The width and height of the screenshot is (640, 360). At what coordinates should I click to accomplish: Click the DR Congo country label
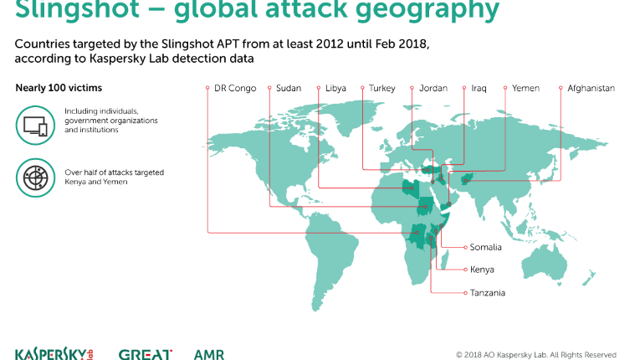click(235, 88)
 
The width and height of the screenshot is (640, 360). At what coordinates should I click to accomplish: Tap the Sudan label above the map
click(289, 88)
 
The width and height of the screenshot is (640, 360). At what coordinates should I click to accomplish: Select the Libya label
click(335, 88)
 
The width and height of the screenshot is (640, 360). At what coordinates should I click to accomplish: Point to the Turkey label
click(382, 88)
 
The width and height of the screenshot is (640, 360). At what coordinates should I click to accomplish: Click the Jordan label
click(433, 88)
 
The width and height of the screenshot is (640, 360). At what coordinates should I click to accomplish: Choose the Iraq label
click(479, 88)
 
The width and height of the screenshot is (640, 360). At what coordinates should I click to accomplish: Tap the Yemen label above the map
click(525, 88)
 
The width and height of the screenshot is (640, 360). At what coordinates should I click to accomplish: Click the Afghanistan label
click(591, 88)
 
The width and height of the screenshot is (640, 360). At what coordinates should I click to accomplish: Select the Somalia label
click(486, 247)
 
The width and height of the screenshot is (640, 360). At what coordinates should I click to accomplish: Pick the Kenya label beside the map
click(482, 270)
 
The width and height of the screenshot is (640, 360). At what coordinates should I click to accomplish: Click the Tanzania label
click(488, 293)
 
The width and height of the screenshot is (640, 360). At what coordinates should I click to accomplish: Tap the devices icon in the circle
click(35, 126)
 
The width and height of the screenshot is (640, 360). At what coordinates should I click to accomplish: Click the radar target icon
click(35, 178)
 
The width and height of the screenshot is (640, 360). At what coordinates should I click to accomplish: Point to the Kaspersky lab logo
click(54, 354)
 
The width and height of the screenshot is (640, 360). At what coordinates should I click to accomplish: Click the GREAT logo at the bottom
click(146, 354)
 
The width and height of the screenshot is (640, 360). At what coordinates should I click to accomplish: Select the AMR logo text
click(209, 354)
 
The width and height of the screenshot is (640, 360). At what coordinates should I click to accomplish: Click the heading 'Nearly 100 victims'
click(59, 88)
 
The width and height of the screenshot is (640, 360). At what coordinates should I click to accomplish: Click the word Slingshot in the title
click(77, 8)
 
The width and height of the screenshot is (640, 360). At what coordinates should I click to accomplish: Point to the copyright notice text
click(536, 355)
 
